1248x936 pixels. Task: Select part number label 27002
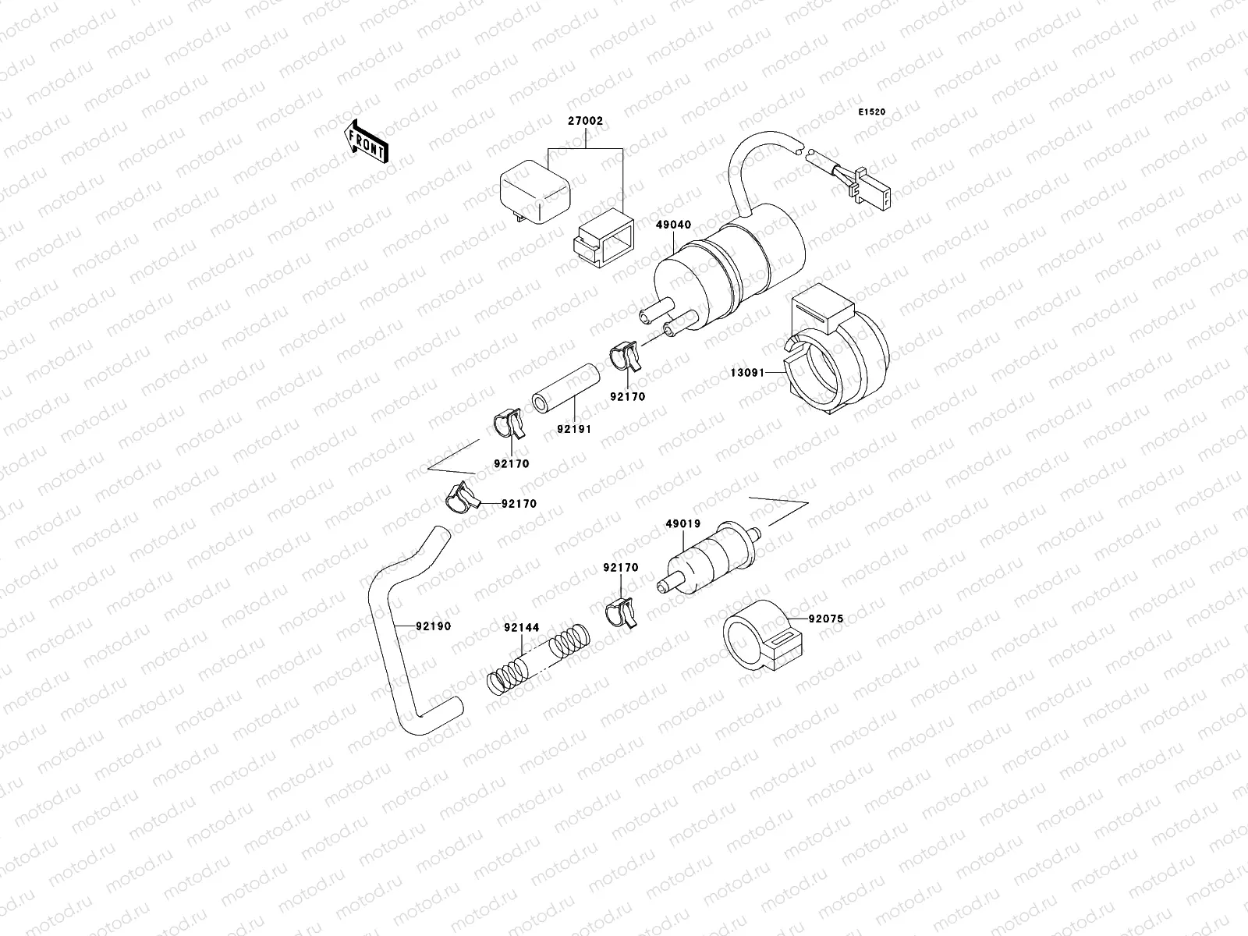click(x=586, y=122)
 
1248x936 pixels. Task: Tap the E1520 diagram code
click(x=872, y=112)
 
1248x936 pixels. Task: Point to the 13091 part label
click(x=746, y=373)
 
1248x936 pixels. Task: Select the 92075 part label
click(x=826, y=619)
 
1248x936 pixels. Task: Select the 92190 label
click(x=433, y=626)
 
